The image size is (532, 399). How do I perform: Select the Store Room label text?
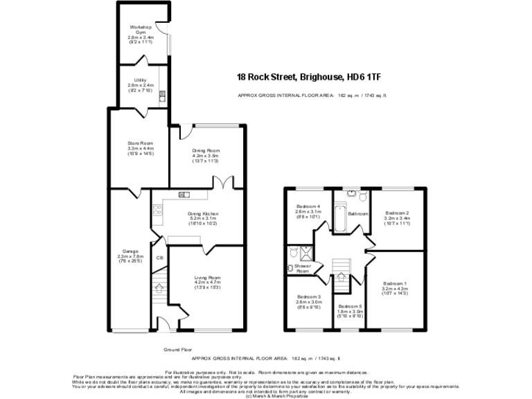(x=139, y=144)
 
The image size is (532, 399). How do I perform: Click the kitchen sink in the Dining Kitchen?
(x=184, y=195)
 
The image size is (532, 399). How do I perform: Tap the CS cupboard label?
(x=159, y=258)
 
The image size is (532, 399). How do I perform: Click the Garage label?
(x=131, y=251)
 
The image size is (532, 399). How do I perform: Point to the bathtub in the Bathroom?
(x=339, y=218)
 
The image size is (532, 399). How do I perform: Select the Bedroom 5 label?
(x=350, y=305)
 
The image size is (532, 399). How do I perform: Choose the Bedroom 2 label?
(x=397, y=213)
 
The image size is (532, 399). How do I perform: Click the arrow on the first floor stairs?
(x=340, y=276)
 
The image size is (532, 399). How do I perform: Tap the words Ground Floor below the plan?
(x=177, y=350)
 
